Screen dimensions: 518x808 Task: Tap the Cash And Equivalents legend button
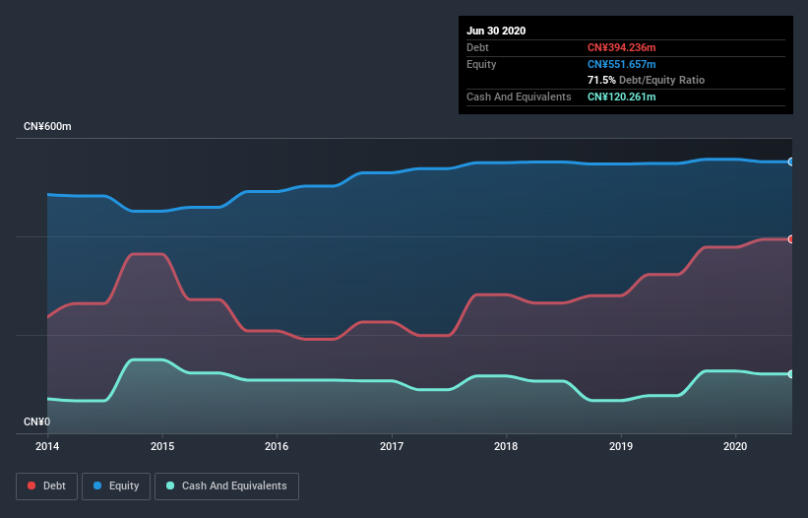226,486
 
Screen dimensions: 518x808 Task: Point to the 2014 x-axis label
47,446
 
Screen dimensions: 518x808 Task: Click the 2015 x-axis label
162,446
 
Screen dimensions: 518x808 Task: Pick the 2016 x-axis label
278,446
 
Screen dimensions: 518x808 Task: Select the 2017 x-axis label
392,446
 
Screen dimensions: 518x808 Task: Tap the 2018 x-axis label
507,446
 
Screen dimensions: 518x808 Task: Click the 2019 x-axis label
621,446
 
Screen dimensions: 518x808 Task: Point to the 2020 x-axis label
736,446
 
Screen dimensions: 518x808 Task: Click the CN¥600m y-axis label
48,127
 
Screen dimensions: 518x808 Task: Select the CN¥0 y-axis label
36,421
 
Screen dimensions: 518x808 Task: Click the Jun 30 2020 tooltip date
496,31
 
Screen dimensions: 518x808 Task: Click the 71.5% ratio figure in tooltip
601,80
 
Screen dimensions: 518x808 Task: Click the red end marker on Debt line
791,239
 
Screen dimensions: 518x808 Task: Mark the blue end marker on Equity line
791,162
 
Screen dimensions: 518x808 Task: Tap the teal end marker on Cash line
791,374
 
